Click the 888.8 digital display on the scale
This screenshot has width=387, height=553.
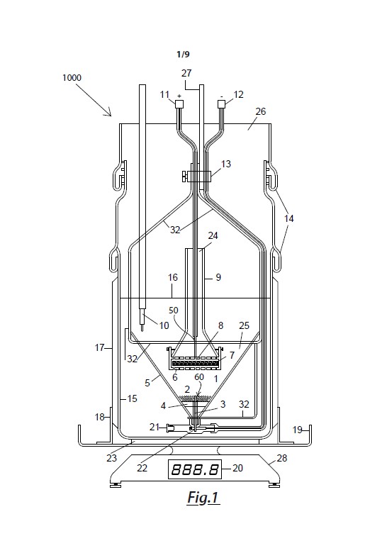pyautogui.click(x=195, y=469)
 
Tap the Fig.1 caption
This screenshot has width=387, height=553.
pyautogui.click(x=203, y=497)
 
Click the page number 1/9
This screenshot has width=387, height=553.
pyautogui.click(x=183, y=54)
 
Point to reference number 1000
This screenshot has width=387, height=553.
pyautogui.click(x=72, y=77)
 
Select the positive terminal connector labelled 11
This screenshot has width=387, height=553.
pyautogui.click(x=179, y=104)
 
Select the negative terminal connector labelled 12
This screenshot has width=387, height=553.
pyautogui.click(x=221, y=104)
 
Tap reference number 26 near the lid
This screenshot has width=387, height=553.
pyautogui.click(x=260, y=111)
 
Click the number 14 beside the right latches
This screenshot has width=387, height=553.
pyautogui.click(x=289, y=218)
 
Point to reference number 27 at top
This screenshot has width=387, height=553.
pyautogui.click(x=186, y=73)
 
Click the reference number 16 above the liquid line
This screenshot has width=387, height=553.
pyautogui.click(x=173, y=277)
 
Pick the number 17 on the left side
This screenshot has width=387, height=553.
pyautogui.click(x=99, y=347)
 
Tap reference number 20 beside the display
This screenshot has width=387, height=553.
pyautogui.click(x=238, y=468)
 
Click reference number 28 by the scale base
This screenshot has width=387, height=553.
pyautogui.click(x=282, y=458)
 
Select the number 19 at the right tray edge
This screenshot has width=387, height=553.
pyautogui.click(x=298, y=430)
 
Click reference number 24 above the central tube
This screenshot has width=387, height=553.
pyautogui.click(x=213, y=235)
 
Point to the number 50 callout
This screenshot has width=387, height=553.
pyautogui.click(x=174, y=311)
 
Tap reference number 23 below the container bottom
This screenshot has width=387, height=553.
pyautogui.click(x=112, y=458)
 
